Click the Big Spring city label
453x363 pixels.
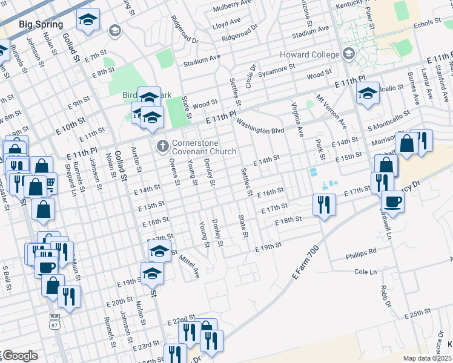click(x=41, y=24)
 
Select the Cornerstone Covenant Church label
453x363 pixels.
click(x=203, y=147)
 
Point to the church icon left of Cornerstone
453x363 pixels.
click(x=162, y=146)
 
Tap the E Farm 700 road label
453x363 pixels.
click(x=304, y=262)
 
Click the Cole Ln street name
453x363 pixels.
click(x=365, y=272)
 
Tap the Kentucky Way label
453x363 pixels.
click(x=357, y=4)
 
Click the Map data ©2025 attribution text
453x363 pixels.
click(x=427, y=358)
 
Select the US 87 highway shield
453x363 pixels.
click(x=55, y=320)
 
